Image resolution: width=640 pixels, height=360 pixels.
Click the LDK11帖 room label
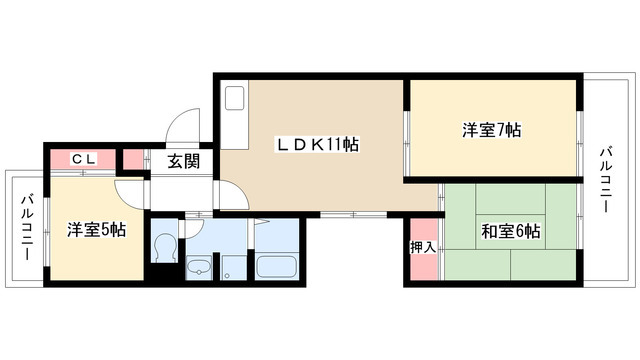pos(318,144)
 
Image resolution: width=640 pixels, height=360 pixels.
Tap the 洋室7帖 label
pos(491,130)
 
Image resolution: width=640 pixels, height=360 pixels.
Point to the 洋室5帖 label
pos(96,229)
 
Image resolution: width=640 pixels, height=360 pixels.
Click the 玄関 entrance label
pos(183,159)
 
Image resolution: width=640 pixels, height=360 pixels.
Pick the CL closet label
pos(84,158)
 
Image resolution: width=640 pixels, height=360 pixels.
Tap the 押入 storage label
pos(421,246)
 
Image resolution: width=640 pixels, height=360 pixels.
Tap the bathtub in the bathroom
pos(276,266)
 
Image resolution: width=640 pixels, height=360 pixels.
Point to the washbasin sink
pos(199,266)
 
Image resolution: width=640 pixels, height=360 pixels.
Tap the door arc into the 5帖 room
pos(130,193)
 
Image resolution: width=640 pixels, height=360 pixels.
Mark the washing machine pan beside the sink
pos(233,267)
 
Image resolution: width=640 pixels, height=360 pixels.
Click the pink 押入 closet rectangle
pos(422,248)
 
